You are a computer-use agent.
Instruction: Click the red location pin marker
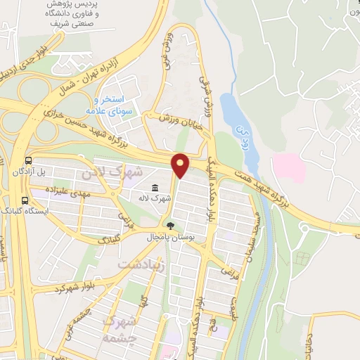pos(181,165)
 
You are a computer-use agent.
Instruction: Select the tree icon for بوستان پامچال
pos(169,226)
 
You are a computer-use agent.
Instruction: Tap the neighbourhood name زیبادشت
pos(141,264)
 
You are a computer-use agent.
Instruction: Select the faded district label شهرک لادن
pos(112,172)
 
